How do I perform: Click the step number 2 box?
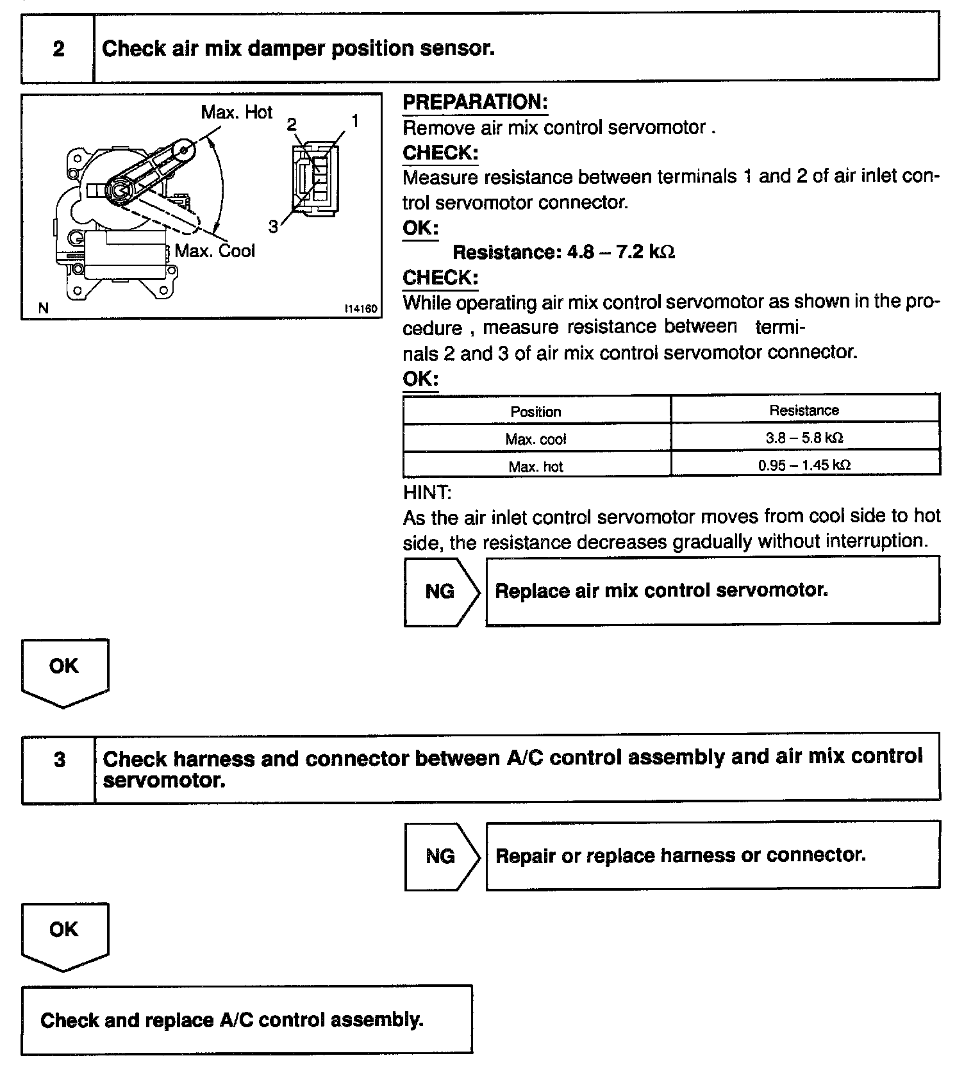click(58, 49)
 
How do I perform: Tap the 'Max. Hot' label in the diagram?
click(237, 113)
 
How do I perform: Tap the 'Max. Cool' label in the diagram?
click(215, 251)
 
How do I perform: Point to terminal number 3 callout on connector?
click(273, 227)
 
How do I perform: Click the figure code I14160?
click(360, 309)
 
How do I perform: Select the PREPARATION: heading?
click(475, 103)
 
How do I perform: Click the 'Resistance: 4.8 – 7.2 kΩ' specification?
click(563, 252)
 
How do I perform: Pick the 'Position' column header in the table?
click(536, 412)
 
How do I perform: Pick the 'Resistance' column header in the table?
click(804, 411)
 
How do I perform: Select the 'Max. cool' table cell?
click(536, 440)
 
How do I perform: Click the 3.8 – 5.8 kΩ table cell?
click(804, 438)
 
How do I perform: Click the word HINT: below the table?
click(427, 493)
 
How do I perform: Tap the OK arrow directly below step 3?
click(64, 932)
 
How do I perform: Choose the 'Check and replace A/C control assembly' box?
click(247, 1020)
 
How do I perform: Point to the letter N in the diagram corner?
click(43, 308)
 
